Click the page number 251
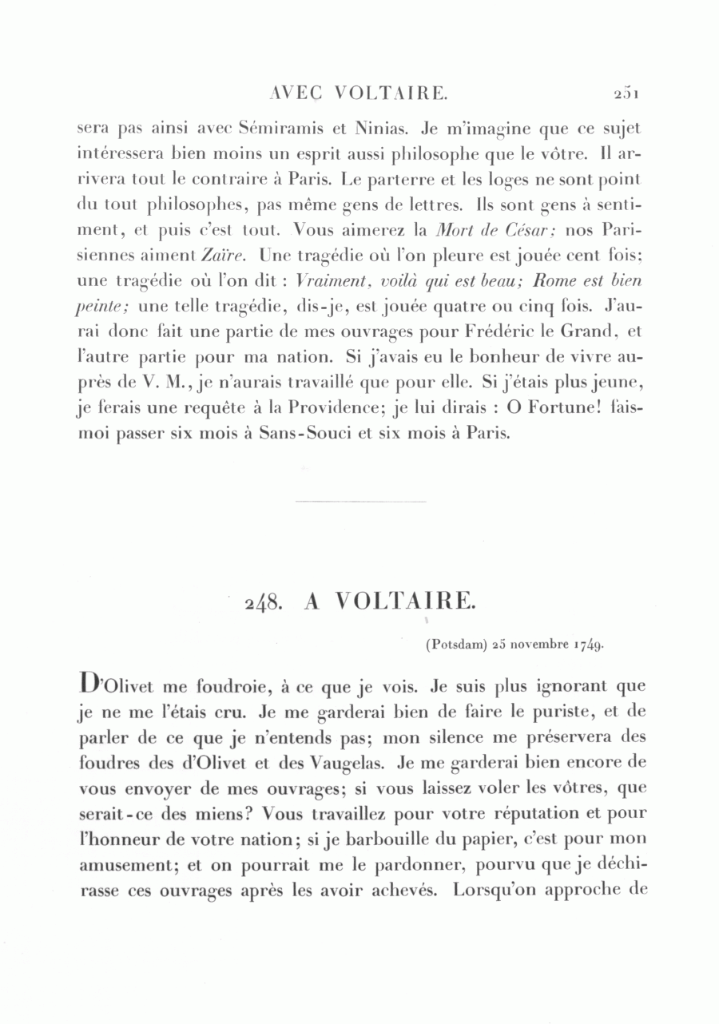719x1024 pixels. (x=626, y=93)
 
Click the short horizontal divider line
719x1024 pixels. (x=360, y=501)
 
